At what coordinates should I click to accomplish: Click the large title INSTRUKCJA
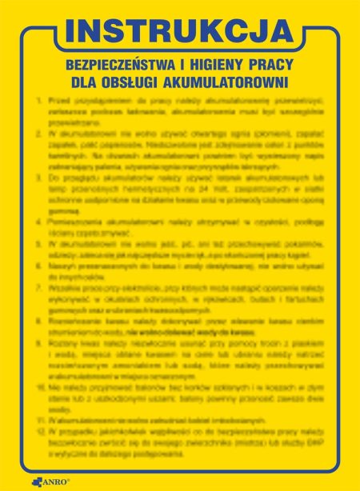[179, 30]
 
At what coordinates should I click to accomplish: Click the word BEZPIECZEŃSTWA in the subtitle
[118, 62]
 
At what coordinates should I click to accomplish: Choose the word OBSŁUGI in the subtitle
[136, 81]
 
